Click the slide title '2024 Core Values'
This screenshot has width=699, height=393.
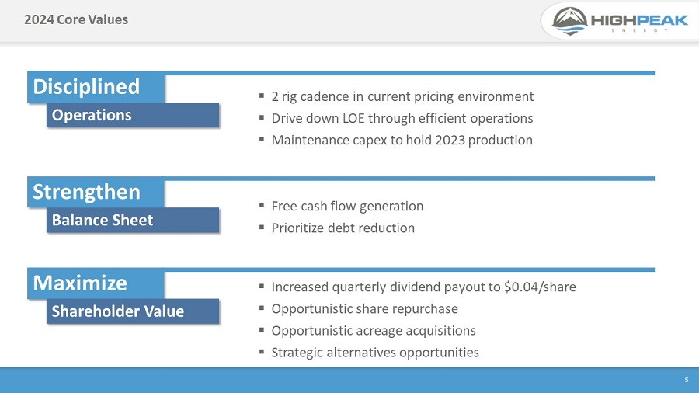coord(75,19)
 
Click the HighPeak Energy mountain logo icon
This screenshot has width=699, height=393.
coord(570,21)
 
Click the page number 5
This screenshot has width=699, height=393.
coord(686,380)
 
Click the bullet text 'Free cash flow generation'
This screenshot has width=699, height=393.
coord(347,207)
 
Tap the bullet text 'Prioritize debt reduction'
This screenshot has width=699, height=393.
coord(343,228)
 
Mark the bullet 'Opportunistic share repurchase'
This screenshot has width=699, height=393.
coord(364,309)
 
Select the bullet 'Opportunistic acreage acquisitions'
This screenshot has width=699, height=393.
coord(373,331)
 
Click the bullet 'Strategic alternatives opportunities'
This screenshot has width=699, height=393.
coord(375,353)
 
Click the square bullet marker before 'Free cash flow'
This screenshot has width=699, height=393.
coord(262,207)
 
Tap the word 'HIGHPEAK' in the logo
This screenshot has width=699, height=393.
coord(639,20)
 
